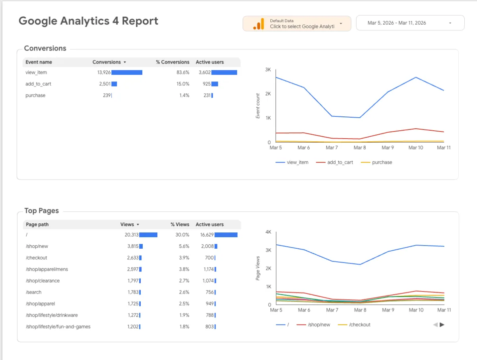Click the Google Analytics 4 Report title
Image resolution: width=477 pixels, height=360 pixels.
click(x=88, y=21)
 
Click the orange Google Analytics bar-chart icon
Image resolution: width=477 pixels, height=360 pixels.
click(x=258, y=24)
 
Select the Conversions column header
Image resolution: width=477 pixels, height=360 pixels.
click(x=107, y=62)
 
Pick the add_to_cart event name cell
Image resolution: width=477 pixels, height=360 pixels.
click(x=38, y=84)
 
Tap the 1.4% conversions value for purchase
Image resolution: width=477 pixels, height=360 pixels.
click(x=184, y=95)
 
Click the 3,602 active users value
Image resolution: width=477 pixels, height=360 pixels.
click(x=205, y=72)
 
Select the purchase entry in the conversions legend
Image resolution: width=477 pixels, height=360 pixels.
click(x=382, y=162)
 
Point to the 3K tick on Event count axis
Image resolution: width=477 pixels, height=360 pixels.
click(x=268, y=70)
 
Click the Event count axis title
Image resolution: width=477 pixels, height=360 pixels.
click(x=258, y=106)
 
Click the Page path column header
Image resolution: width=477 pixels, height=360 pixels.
click(x=37, y=225)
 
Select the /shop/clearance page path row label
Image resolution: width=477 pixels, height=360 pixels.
click(x=43, y=281)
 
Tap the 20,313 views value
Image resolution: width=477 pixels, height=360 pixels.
click(x=131, y=235)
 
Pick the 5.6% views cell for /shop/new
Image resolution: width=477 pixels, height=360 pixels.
click(x=184, y=246)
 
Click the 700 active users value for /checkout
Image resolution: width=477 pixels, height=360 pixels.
click(x=209, y=258)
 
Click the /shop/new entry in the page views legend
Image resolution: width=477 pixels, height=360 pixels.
click(x=319, y=325)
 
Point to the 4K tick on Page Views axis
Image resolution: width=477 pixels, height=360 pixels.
click(x=268, y=232)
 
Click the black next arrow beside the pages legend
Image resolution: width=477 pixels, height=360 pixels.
click(x=442, y=325)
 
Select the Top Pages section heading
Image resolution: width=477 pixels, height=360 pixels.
click(x=41, y=211)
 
